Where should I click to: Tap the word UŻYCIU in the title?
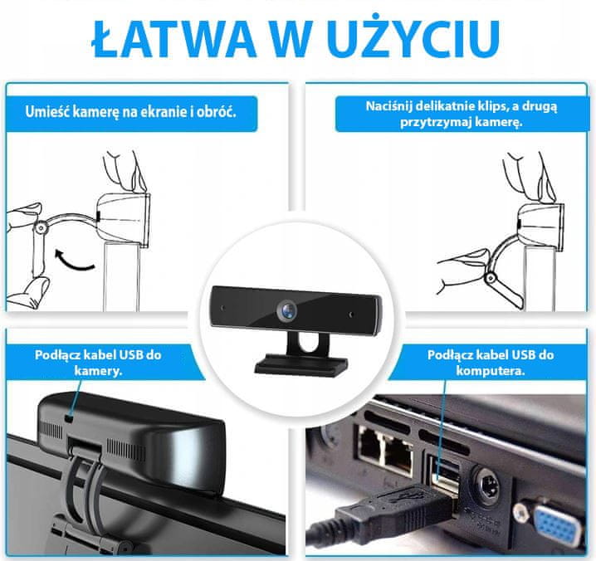click(x=415, y=37)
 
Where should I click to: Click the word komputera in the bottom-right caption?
click(x=491, y=370)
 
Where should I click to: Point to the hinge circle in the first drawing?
click(x=40, y=227)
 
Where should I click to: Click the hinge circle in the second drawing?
click(x=491, y=277)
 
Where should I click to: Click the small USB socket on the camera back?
click(x=69, y=418)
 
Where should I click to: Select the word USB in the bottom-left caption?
click(x=132, y=354)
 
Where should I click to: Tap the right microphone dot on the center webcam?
click(x=351, y=315)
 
